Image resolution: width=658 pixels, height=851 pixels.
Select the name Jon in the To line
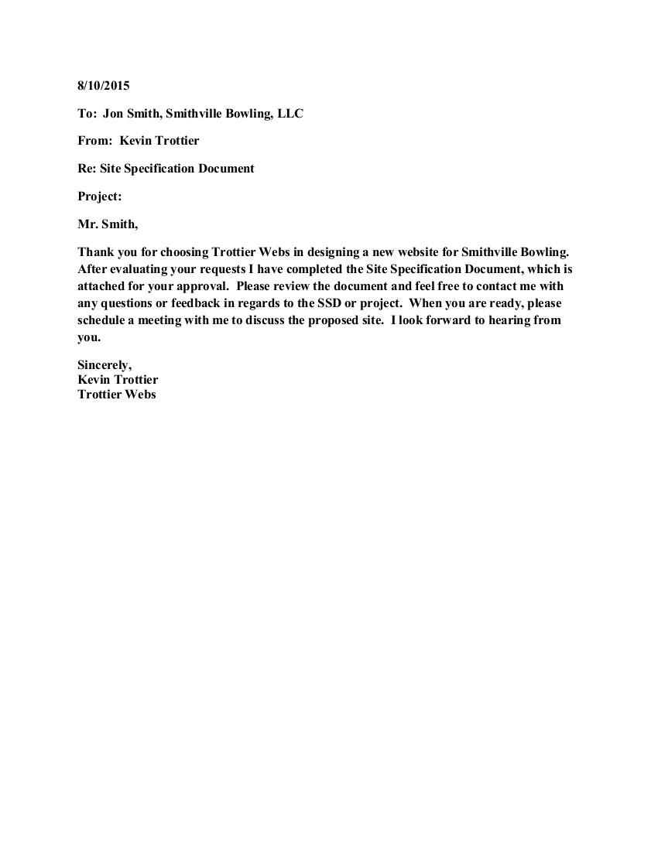point(113,114)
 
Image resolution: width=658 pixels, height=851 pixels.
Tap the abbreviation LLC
point(290,114)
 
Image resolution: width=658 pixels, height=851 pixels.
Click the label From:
point(94,141)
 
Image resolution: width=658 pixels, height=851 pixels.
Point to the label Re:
point(87,169)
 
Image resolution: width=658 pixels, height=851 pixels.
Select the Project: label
point(100,197)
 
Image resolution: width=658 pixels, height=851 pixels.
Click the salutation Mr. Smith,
point(108,224)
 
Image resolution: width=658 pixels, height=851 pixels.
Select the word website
point(421,252)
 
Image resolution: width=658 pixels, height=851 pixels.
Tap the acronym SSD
point(330,302)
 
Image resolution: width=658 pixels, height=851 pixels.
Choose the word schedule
point(103,320)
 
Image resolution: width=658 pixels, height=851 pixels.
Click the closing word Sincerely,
point(105,365)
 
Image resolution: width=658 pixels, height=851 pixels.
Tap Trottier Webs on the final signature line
point(117,395)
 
